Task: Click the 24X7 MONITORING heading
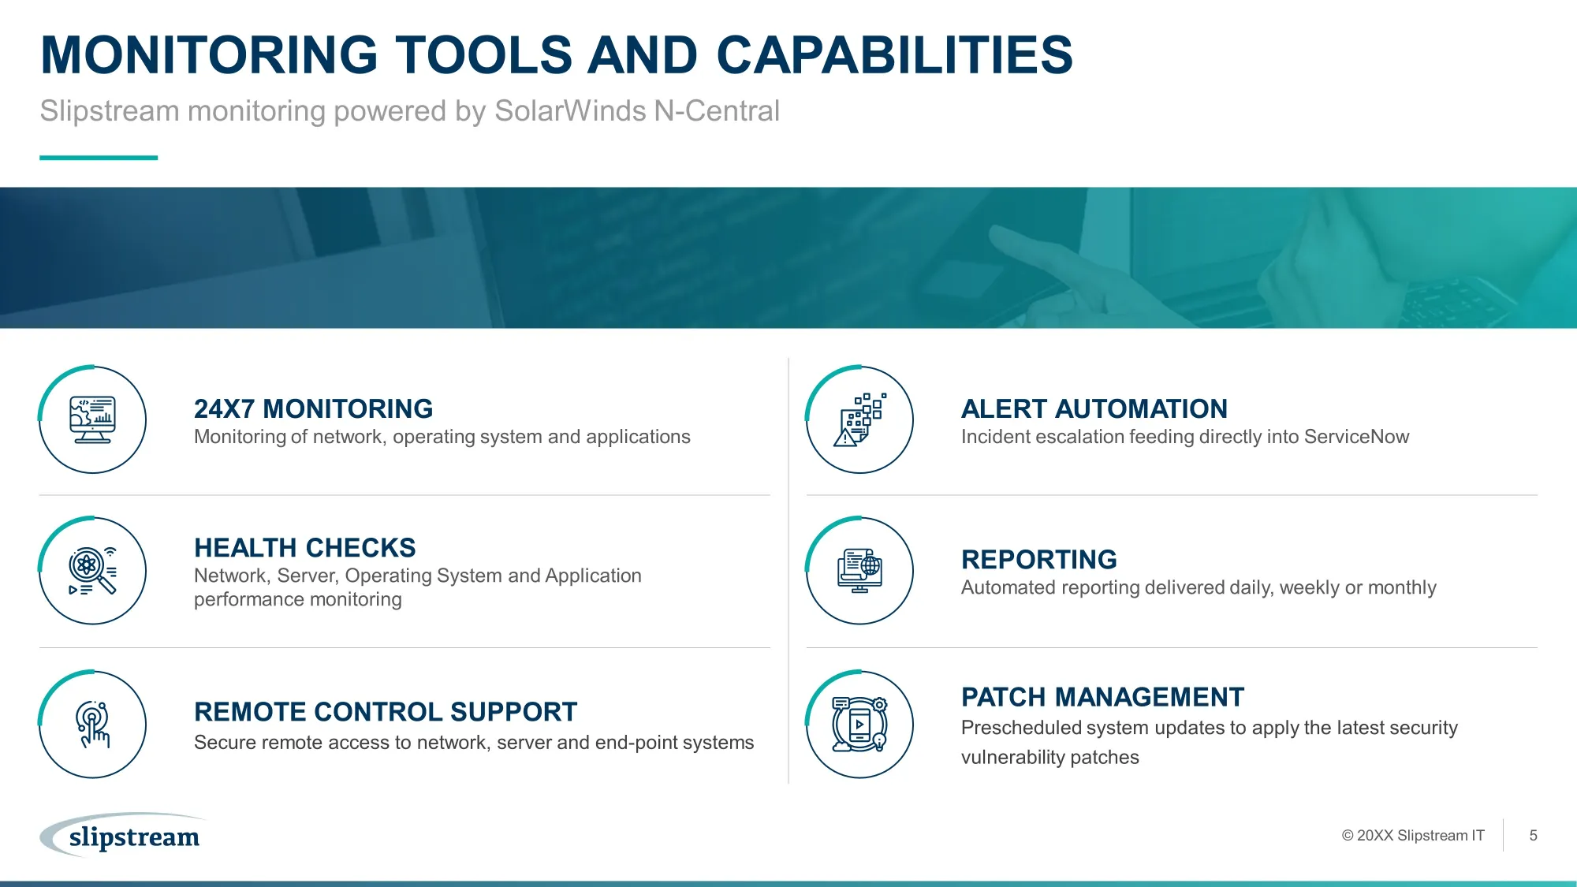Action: [x=313, y=408]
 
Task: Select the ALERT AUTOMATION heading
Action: [x=1094, y=408]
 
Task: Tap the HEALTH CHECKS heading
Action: [x=305, y=547]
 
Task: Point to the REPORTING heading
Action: [x=1039, y=559]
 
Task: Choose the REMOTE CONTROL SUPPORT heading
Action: [x=386, y=711]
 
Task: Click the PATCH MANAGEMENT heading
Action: [x=1102, y=697]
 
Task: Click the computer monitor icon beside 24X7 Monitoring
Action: [x=92, y=419]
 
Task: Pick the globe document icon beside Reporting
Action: [x=859, y=571]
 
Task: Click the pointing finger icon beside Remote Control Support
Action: [x=92, y=724]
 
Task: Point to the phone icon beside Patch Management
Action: [x=859, y=724]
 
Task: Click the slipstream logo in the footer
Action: [x=124, y=835]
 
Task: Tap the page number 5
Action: [x=1533, y=835]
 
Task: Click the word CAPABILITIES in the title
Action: [x=894, y=55]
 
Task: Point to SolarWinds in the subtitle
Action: [x=570, y=111]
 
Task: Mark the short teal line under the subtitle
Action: [x=99, y=158]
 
